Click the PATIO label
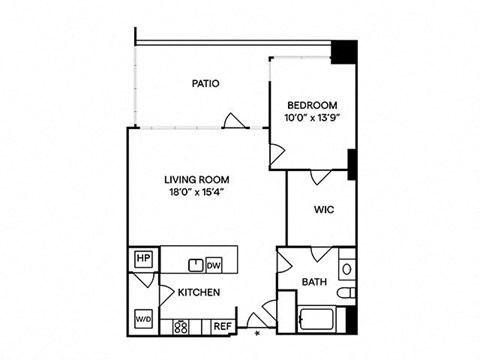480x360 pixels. [x=206, y=83]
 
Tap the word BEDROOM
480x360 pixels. [x=312, y=105]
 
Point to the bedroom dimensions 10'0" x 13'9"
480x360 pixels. [x=312, y=118]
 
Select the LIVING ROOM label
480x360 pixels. [x=197, y=180]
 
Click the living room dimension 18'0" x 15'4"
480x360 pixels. [x=197, y=192]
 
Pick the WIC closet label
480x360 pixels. [x=324, y=210]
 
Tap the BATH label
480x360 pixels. [x=314, y=282]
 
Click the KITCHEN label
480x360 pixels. [x=199, y=292]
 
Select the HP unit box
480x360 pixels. [x=143, y=258]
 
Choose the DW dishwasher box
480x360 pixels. [x=214, y=266]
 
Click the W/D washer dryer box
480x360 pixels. [x=143, y=319]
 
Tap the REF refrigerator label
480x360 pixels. [x=222, y=327]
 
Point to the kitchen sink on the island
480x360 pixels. [x=196, y=265]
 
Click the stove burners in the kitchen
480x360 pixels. [x=181, y=327]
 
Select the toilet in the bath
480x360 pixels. [x=346, y=293]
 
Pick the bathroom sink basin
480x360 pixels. [x=347, y=269]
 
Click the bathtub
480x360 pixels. [x=317, y=320]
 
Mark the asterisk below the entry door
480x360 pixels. [x=257, y=333]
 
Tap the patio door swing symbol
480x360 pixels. [x=234, y=121]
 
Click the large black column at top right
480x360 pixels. [x=344, y=52]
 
